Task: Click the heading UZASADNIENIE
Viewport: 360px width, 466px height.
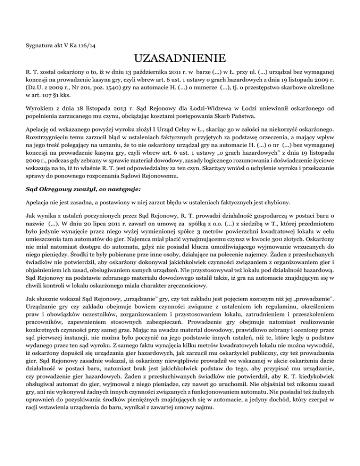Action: (x=180, y=59)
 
